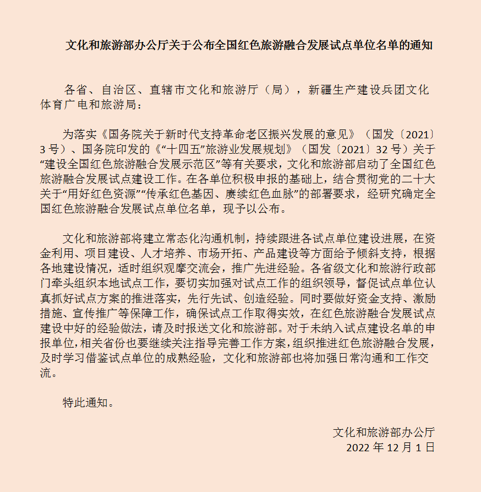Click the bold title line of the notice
coord(249,46)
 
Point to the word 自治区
coord(119,90)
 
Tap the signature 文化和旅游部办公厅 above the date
coord(383,432)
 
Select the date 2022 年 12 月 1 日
coord(390,447)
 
